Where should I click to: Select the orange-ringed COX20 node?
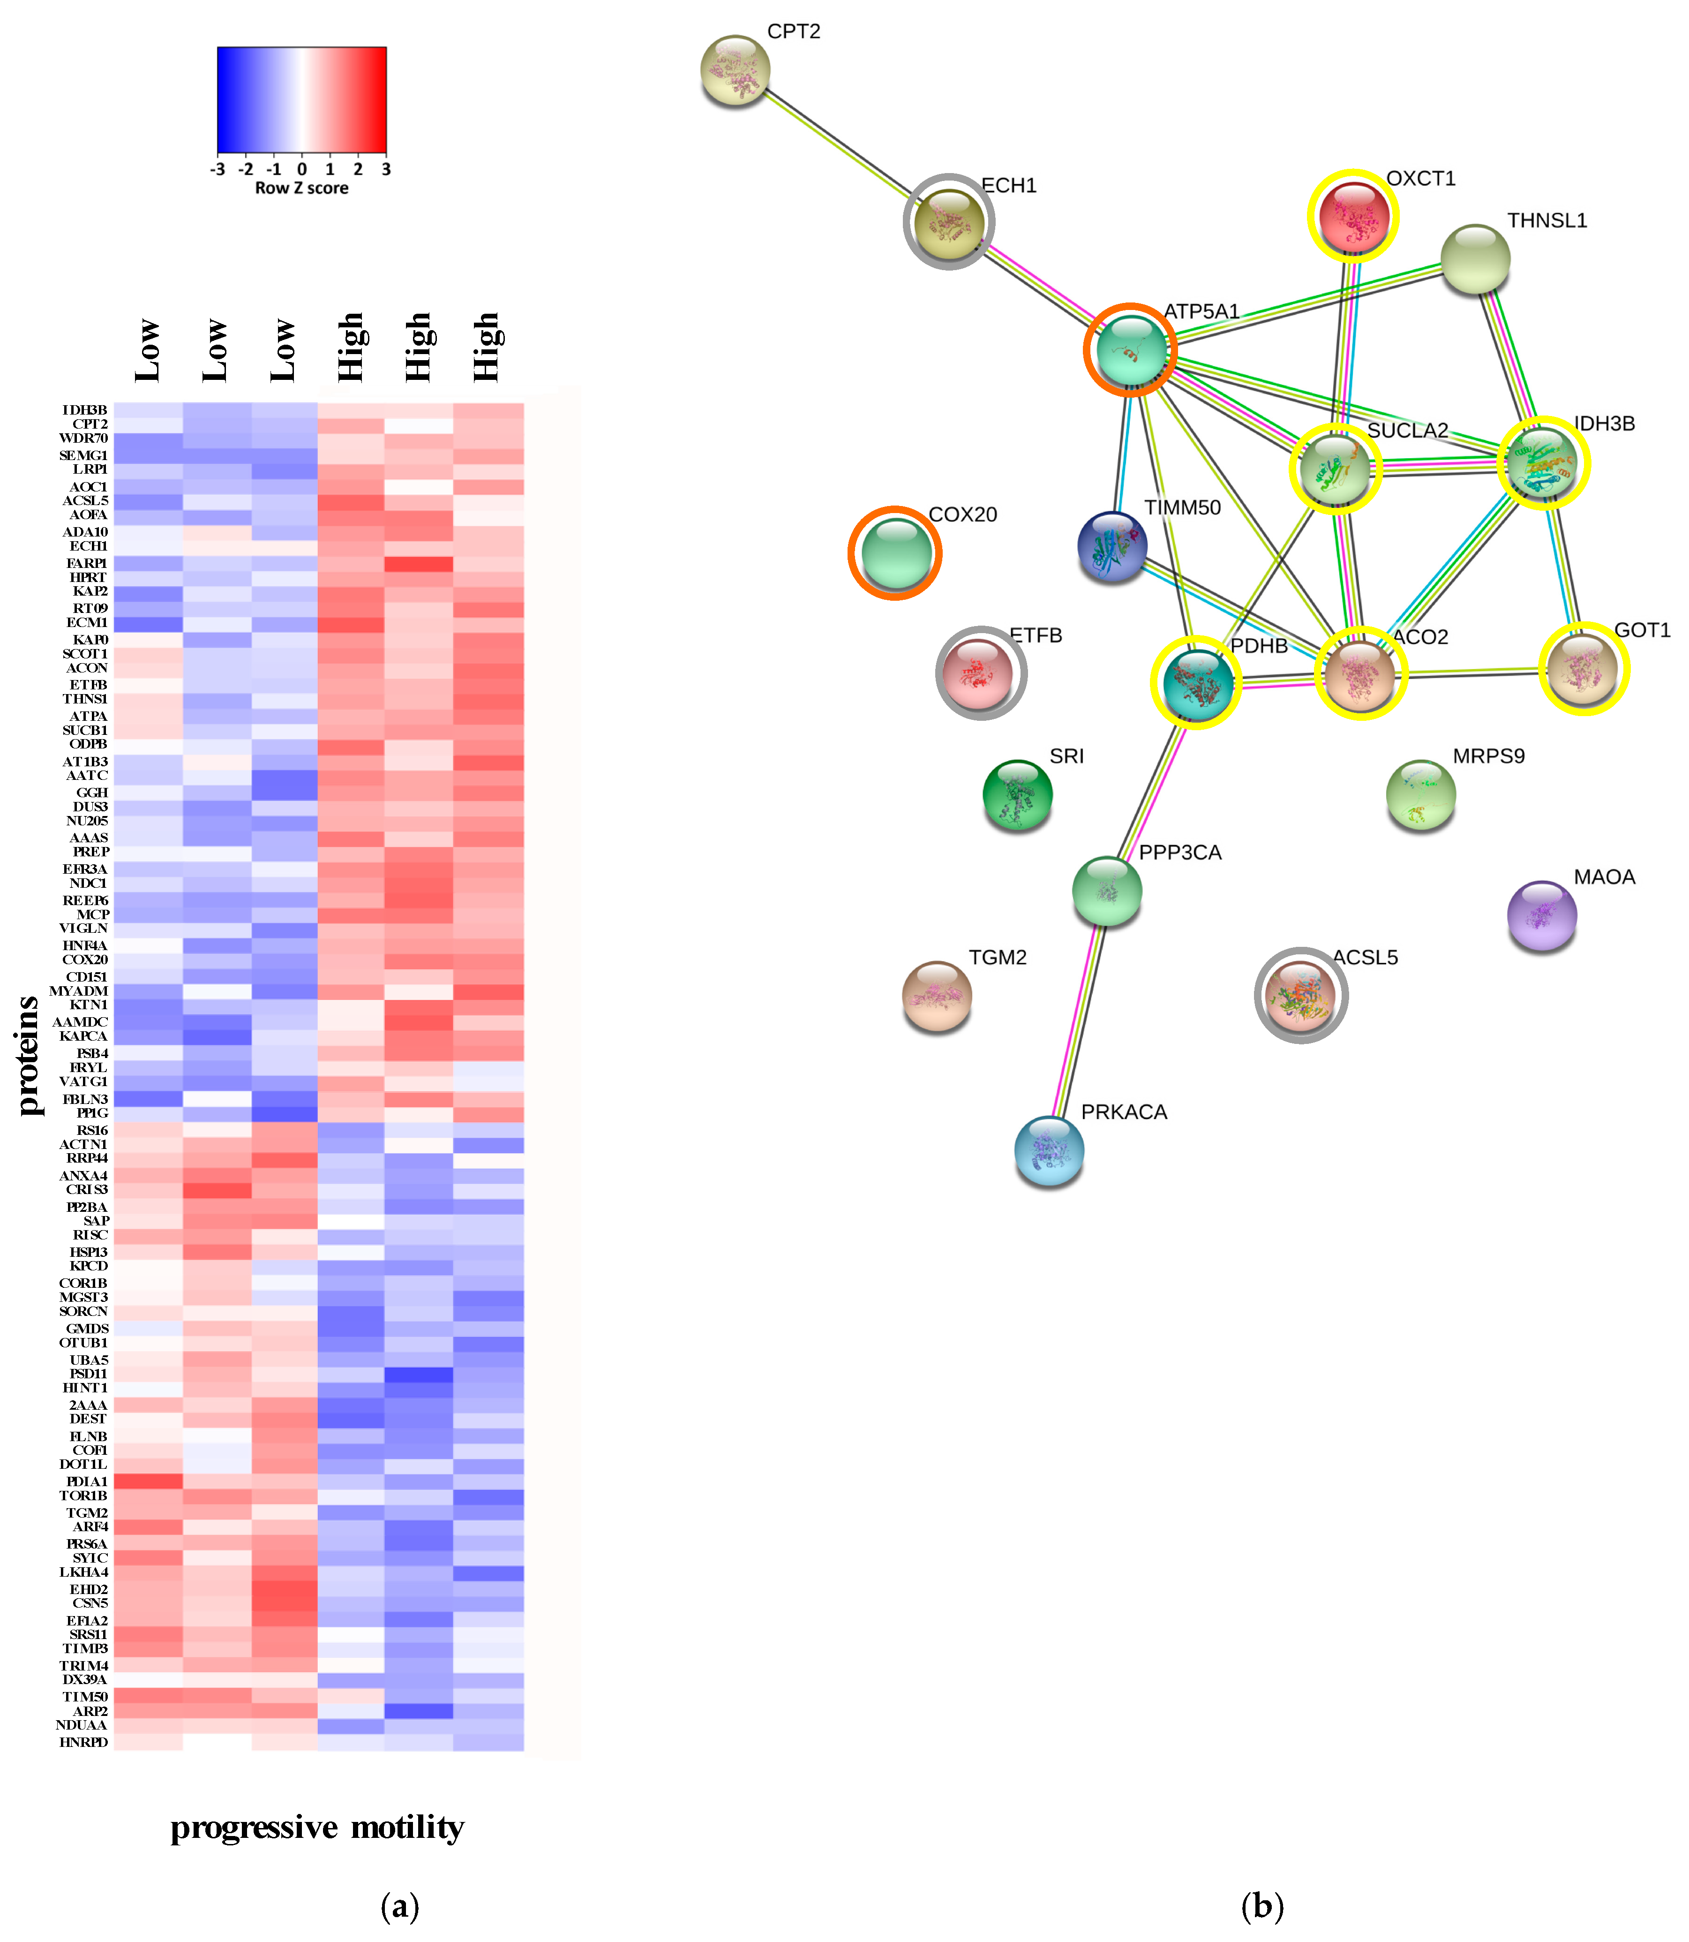pos(895,553)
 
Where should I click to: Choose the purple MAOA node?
pos(1542,914)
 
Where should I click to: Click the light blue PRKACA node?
pos(1049,1150)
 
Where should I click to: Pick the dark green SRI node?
pos(1017,795)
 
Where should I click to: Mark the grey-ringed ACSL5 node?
pos(1301,996)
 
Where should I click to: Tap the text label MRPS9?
pos(1488,756)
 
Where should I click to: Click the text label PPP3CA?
pos(1180,852)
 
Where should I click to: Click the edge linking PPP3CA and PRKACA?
pos(1079,1018)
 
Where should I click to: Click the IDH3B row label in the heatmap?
pos(85,410)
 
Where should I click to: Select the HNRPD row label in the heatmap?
pos(84,1742)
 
